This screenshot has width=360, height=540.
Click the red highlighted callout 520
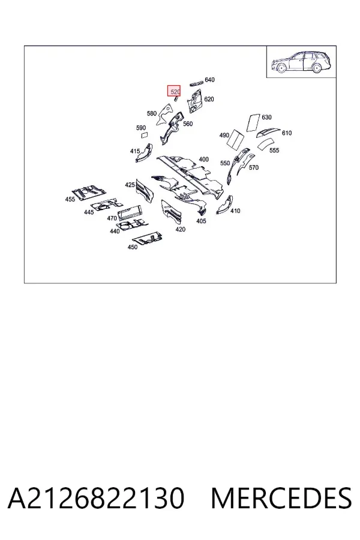(x=174, y=91)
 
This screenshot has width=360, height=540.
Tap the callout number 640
(x=209, y=80)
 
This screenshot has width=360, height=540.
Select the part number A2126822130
(x=96, y=498)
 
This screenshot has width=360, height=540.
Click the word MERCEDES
(x=281, y=498)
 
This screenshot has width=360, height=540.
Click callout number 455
(x=70, y=199)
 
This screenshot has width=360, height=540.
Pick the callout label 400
(x=203, y=159)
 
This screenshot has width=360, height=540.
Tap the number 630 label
(x=266, y=117)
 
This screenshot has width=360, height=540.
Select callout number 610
(x=287, y=133)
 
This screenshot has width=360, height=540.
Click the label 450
(x=132, y=247)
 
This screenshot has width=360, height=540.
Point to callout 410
(x=235, y=211)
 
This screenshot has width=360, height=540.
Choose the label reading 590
(x=141, y=128)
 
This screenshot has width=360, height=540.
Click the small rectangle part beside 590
(x=145, y=135)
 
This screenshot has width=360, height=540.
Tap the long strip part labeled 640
(x=196, y=83)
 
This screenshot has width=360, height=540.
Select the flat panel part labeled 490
(x=236, y=139)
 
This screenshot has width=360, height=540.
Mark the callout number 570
(x=253, y=167)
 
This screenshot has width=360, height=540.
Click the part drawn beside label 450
(x=147, y=238)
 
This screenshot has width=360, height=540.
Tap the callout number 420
(x=180, y=229)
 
